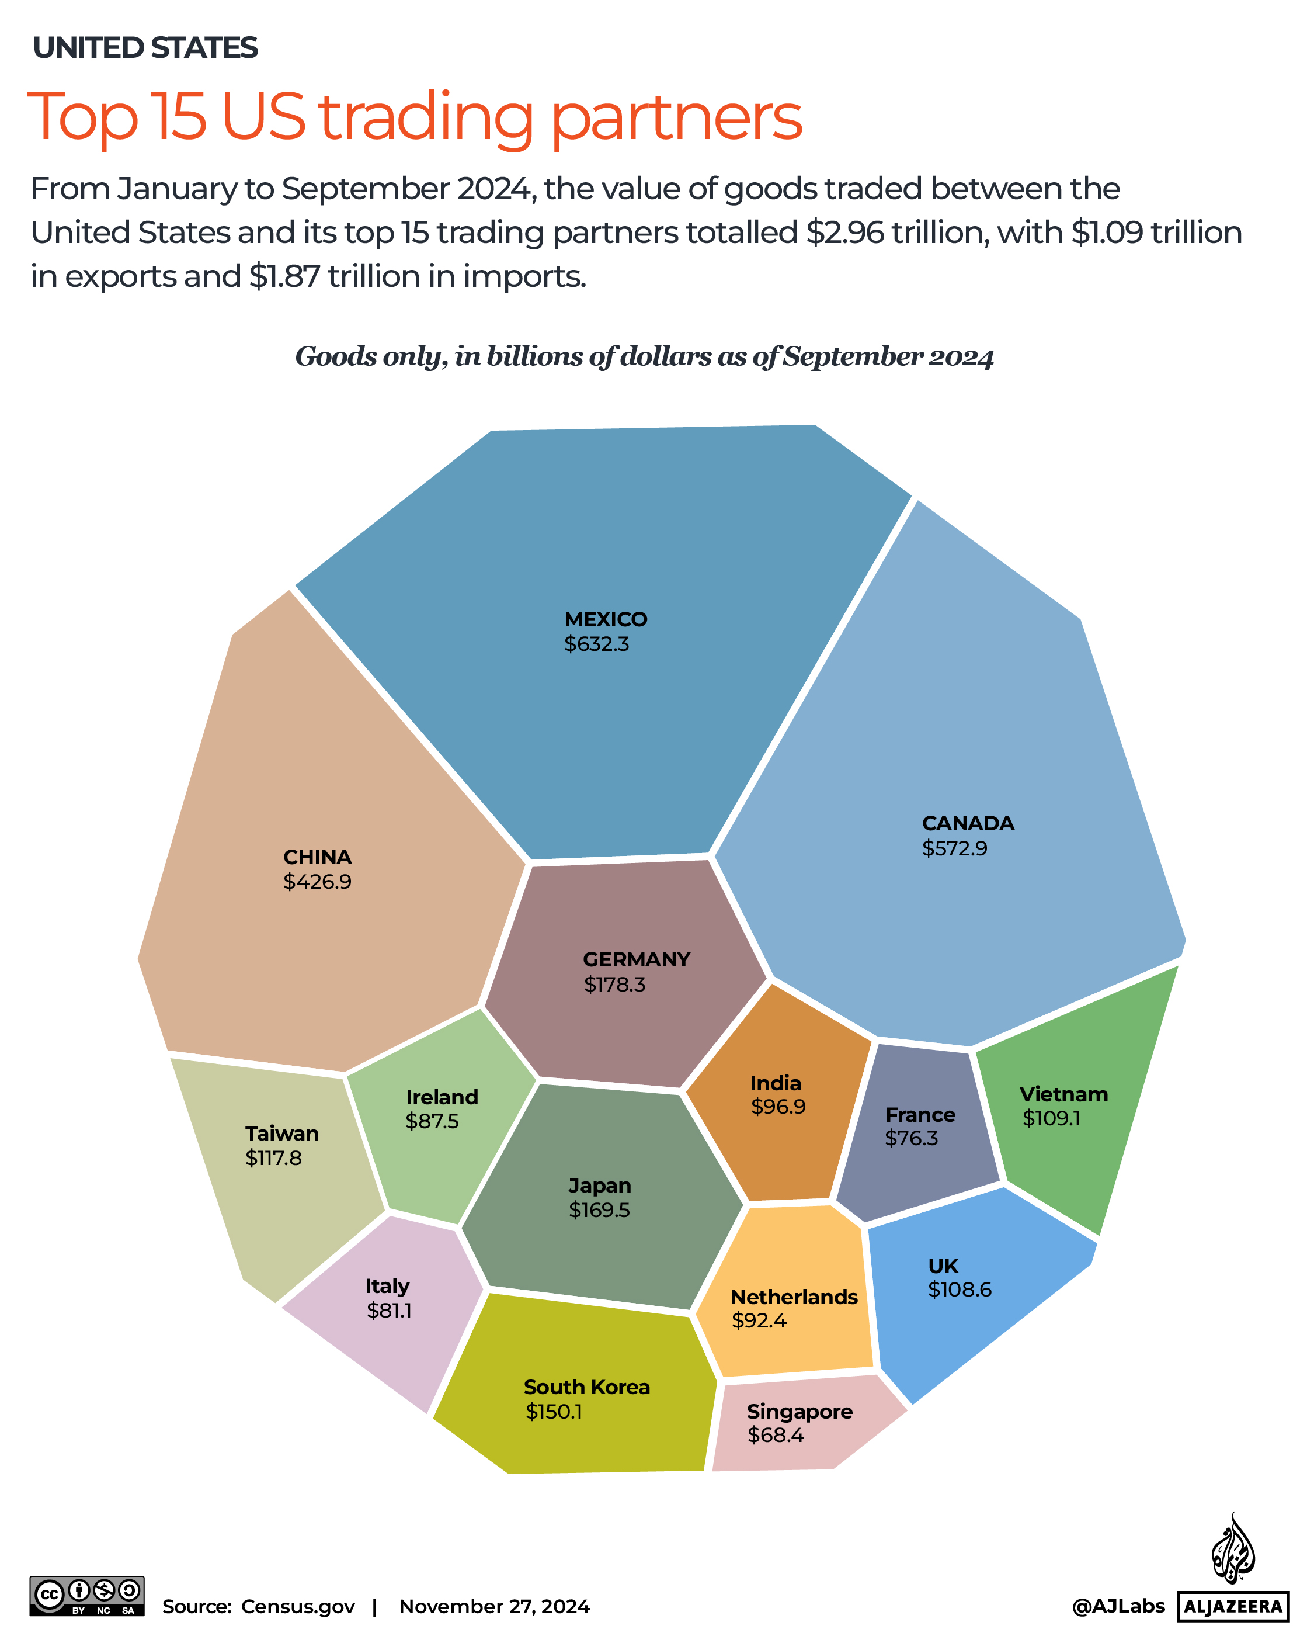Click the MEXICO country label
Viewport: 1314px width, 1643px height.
point(605,619)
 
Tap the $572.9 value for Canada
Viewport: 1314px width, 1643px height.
point(954,848)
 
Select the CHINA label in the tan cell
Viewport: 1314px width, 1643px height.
point(317,857)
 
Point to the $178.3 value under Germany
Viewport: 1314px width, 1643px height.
point(614,985)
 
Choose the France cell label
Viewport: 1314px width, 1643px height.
point(919,1114)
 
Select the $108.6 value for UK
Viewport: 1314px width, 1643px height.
point(959,1290)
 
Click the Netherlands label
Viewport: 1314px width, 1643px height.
point(794,1297)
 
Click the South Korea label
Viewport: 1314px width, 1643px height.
point(586,1387)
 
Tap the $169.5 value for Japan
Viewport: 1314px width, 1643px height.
point(599,1210)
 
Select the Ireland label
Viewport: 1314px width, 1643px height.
point(442,1097)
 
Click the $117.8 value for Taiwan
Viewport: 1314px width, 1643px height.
point(273,1158)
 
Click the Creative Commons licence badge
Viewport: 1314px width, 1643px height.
point(87,1596)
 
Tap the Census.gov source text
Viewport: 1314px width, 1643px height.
point(298,1606)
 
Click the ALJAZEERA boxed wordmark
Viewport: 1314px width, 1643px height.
point(1232,1606)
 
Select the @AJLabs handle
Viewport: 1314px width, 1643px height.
point(1117,1606)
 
